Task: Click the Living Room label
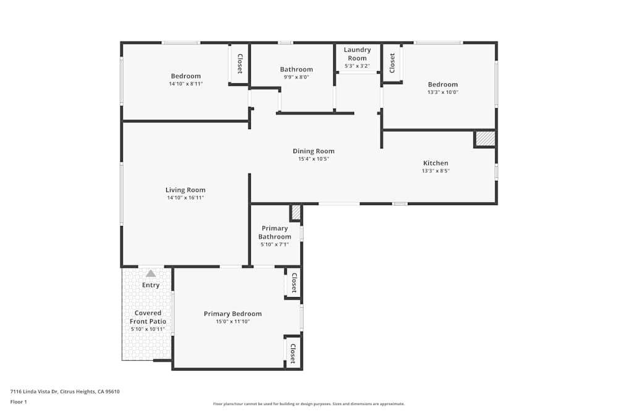click(185, 190)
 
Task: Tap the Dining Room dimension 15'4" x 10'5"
click(313, 159)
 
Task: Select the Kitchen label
click(435, 163)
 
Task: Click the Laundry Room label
click(357, 54)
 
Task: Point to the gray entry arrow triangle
click(151, 273)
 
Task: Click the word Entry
click(151, 285)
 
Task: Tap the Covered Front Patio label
click(148, 317)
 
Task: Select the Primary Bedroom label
click(232, 314)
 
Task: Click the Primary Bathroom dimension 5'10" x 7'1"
click(274, 245)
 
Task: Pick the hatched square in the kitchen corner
click(485, 139)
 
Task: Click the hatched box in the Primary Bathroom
click(296, 212)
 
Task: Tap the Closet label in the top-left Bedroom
click(240, 63)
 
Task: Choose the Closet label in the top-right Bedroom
click(392, 63)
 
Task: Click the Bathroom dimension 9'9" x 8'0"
click(296, 78)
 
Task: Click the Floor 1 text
click(19, 401)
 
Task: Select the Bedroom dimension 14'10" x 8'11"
click(185, 84)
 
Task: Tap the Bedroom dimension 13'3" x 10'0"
click(442, 93)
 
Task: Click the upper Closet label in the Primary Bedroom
click(294, 283)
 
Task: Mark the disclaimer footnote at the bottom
click(309, 404)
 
